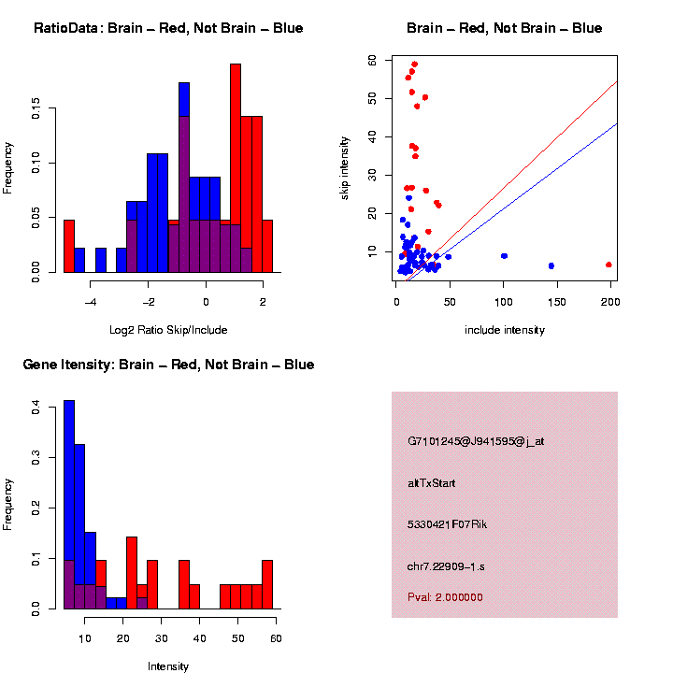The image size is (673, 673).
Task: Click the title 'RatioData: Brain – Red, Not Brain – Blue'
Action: click(168, 28)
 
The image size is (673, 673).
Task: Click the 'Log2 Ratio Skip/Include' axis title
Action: click(168, 330)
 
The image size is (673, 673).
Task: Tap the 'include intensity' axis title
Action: click(505, 330)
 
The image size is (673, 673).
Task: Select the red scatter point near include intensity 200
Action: click(609, 265)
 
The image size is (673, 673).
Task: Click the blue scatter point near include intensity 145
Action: click(551, 265)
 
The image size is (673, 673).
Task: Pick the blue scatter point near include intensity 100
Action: click(505, 255)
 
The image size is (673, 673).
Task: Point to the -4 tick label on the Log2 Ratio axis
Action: click(90, 302)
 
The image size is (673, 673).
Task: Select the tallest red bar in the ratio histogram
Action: click(236, 168)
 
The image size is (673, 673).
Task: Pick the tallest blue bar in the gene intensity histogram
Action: click(69, 505)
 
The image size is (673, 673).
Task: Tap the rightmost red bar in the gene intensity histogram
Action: click(267, 584)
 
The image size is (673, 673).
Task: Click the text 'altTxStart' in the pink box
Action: click(431, 483)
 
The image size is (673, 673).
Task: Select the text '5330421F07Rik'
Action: click(448, 524)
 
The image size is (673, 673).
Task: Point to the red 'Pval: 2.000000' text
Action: click(445, 597)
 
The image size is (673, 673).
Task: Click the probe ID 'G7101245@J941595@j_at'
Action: click(476, 441)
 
